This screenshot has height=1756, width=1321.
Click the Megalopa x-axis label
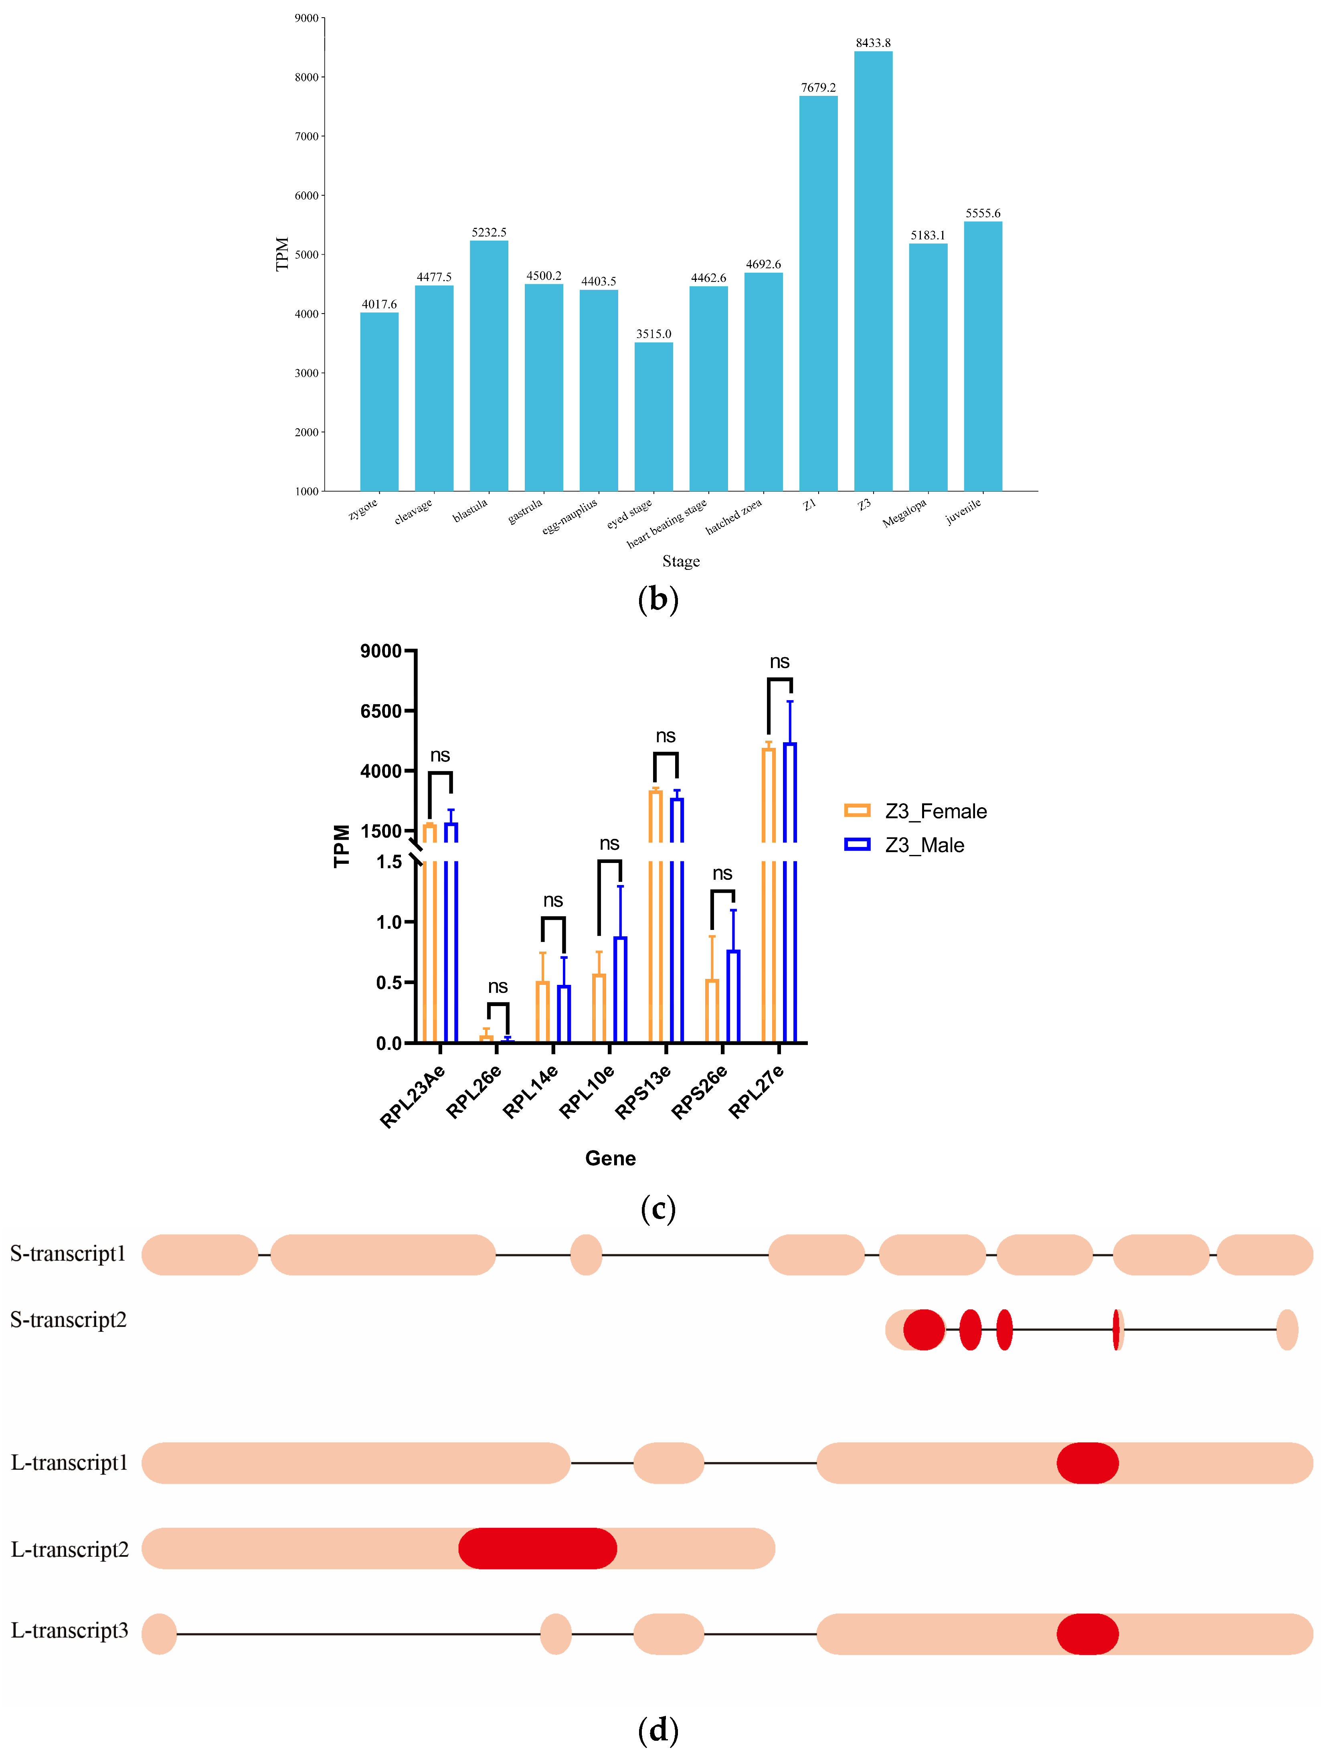click(x=904, y=513)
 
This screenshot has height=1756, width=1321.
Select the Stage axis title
click(x=680, y=561)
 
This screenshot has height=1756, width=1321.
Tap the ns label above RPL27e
click(x=780, y=662)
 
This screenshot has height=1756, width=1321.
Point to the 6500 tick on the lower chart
click(x=381, y=711)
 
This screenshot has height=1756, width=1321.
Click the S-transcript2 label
click(x=68, y=1320)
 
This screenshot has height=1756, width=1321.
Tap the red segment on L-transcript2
click(x=538, y=1548)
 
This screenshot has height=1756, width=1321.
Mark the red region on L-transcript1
click(x=1087, y=1463)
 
